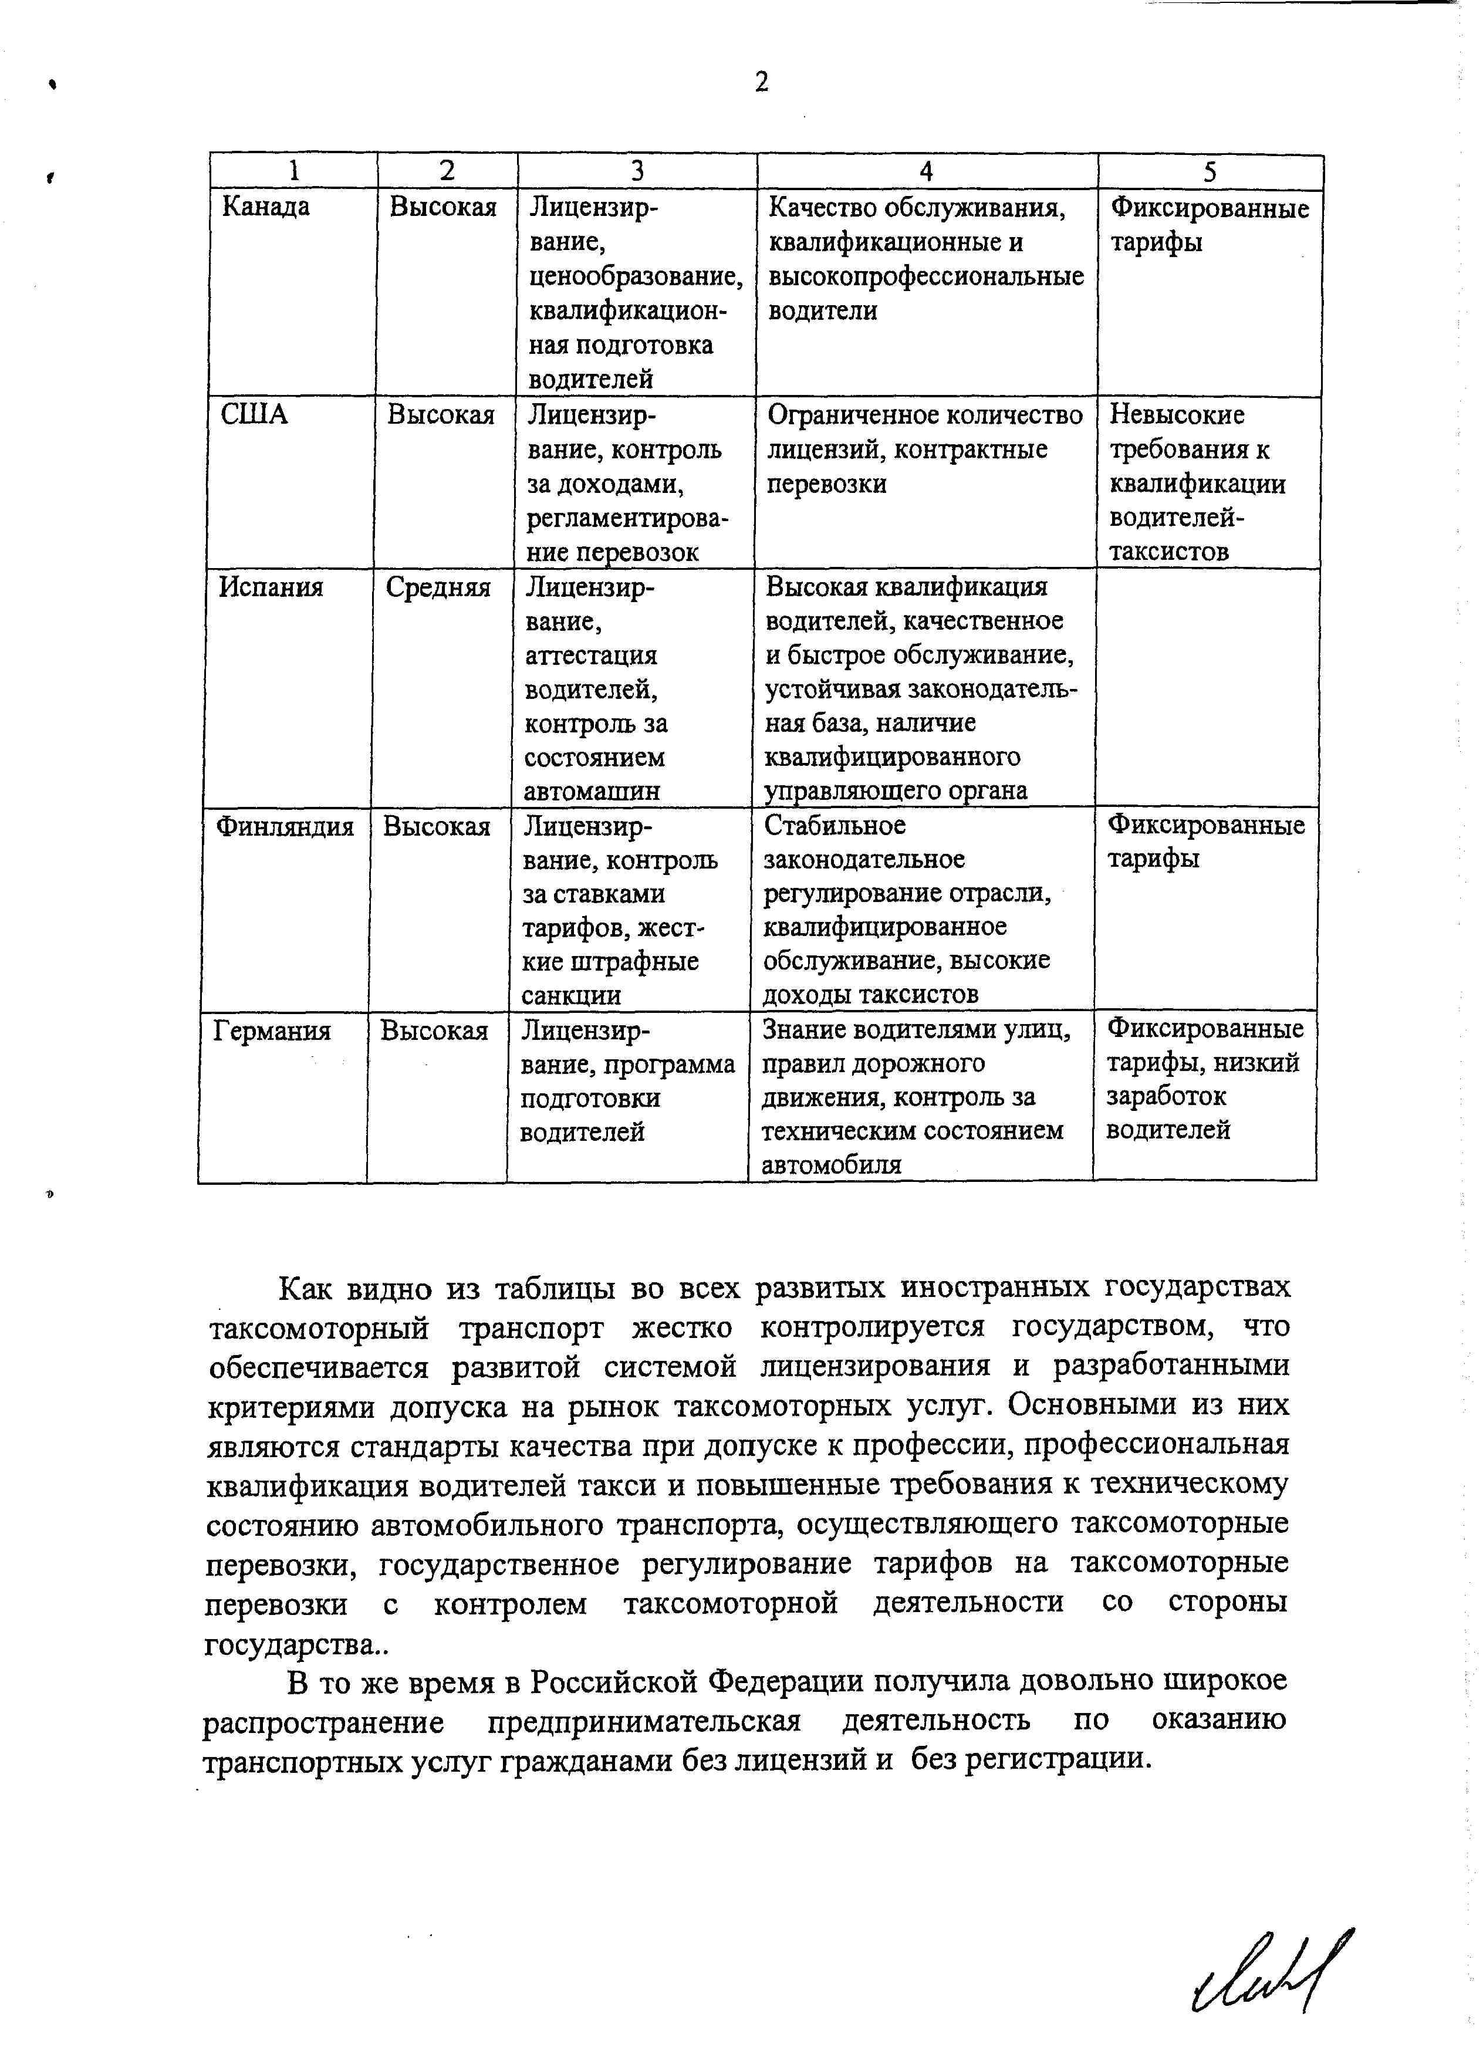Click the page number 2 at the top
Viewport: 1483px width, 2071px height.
pos(762,83)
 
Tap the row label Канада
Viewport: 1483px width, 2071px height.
pos(266,207)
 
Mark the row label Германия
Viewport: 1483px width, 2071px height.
pos(271,1032)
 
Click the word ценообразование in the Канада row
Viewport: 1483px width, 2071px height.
pos(636,276)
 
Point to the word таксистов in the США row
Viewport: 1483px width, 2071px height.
pos(1169,552)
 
